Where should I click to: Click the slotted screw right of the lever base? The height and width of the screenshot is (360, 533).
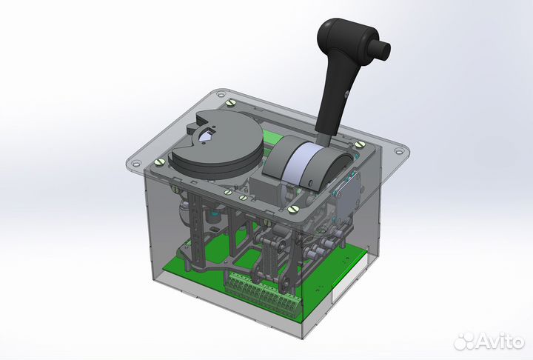(x=360, y=144)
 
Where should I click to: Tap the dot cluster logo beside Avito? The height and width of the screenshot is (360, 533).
(x=465, y=341)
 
